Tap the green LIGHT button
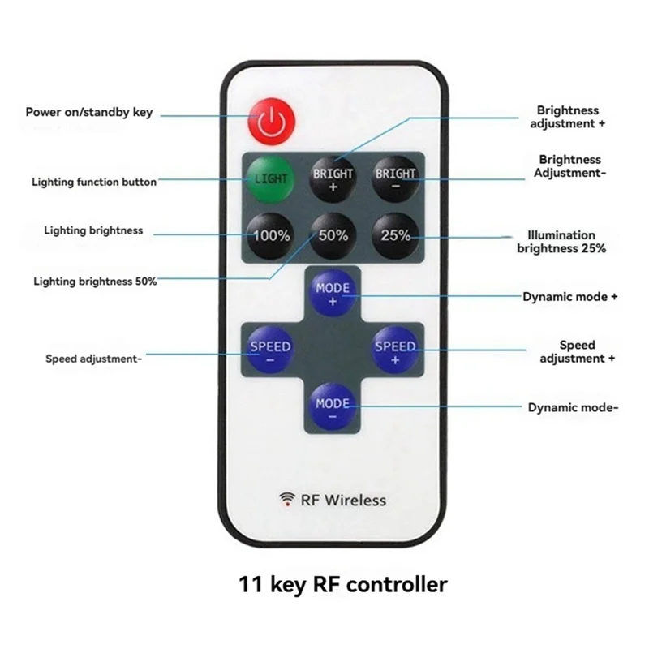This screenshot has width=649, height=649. [272, 178]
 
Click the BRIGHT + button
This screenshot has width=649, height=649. [333, 178]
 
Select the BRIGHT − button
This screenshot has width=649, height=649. [395, 178]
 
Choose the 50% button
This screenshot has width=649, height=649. [333, 235]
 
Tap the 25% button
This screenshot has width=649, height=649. [395, 235]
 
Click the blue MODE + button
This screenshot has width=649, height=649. [333, 294]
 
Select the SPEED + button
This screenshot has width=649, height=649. [394, 351]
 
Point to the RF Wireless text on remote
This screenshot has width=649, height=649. [344, 500]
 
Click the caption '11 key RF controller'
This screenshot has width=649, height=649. [342, 583]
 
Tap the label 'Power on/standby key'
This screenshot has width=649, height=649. [88, 112]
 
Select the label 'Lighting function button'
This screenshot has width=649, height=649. [94, 183]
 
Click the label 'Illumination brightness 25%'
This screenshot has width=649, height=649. [561, 242]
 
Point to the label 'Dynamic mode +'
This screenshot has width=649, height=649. [570, 297]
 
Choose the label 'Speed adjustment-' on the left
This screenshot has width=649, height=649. [94, 358]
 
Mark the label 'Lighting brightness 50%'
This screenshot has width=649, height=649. [95, 282]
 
